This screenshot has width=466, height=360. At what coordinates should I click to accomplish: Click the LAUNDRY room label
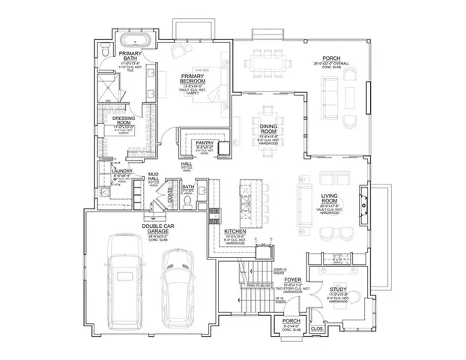pos(121,171)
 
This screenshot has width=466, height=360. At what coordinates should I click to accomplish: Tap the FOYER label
pos(292,279)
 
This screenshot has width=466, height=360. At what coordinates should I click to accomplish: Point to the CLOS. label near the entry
pos(317,328)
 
